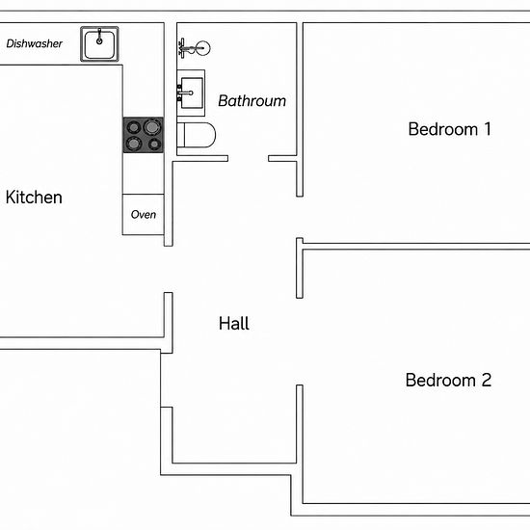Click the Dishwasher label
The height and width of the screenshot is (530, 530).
pos(34,43)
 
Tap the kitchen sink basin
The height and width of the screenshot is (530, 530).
pos(99,44)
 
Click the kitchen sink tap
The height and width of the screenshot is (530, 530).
pos(99,37)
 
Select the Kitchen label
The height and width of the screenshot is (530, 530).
pos(34,198)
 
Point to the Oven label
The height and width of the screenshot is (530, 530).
pos(144,215)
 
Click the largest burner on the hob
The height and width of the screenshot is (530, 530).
pos(152,127)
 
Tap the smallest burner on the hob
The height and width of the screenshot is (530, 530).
pos(154,145)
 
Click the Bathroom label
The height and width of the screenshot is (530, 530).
pos(252,101)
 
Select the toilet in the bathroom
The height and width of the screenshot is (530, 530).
pos(196,135)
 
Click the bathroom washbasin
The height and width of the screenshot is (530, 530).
pos(191,93)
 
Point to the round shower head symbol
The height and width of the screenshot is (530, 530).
pos(203,48)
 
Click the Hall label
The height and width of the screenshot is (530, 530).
pos(234,324)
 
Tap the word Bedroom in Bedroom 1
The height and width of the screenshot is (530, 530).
pos(443,129)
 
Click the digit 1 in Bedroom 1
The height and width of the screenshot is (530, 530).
pos(488,129)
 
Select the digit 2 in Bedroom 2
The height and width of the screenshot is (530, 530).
pos(487,380)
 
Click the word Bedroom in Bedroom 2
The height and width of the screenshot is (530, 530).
pos(440,381)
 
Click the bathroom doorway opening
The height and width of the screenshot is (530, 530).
pos(249,159)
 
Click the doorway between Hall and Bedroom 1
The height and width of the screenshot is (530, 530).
pos(300,218)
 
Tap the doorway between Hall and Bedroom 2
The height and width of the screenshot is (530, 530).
pos(300,341)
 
